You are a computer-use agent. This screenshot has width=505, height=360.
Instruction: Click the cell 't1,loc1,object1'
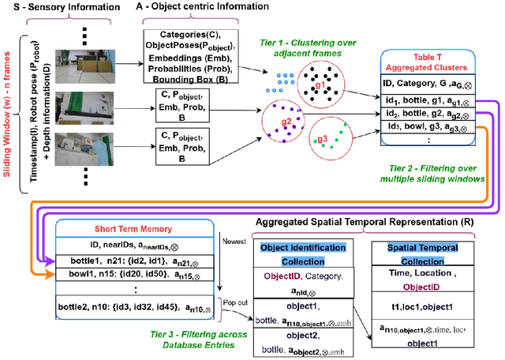click(428, 304)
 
